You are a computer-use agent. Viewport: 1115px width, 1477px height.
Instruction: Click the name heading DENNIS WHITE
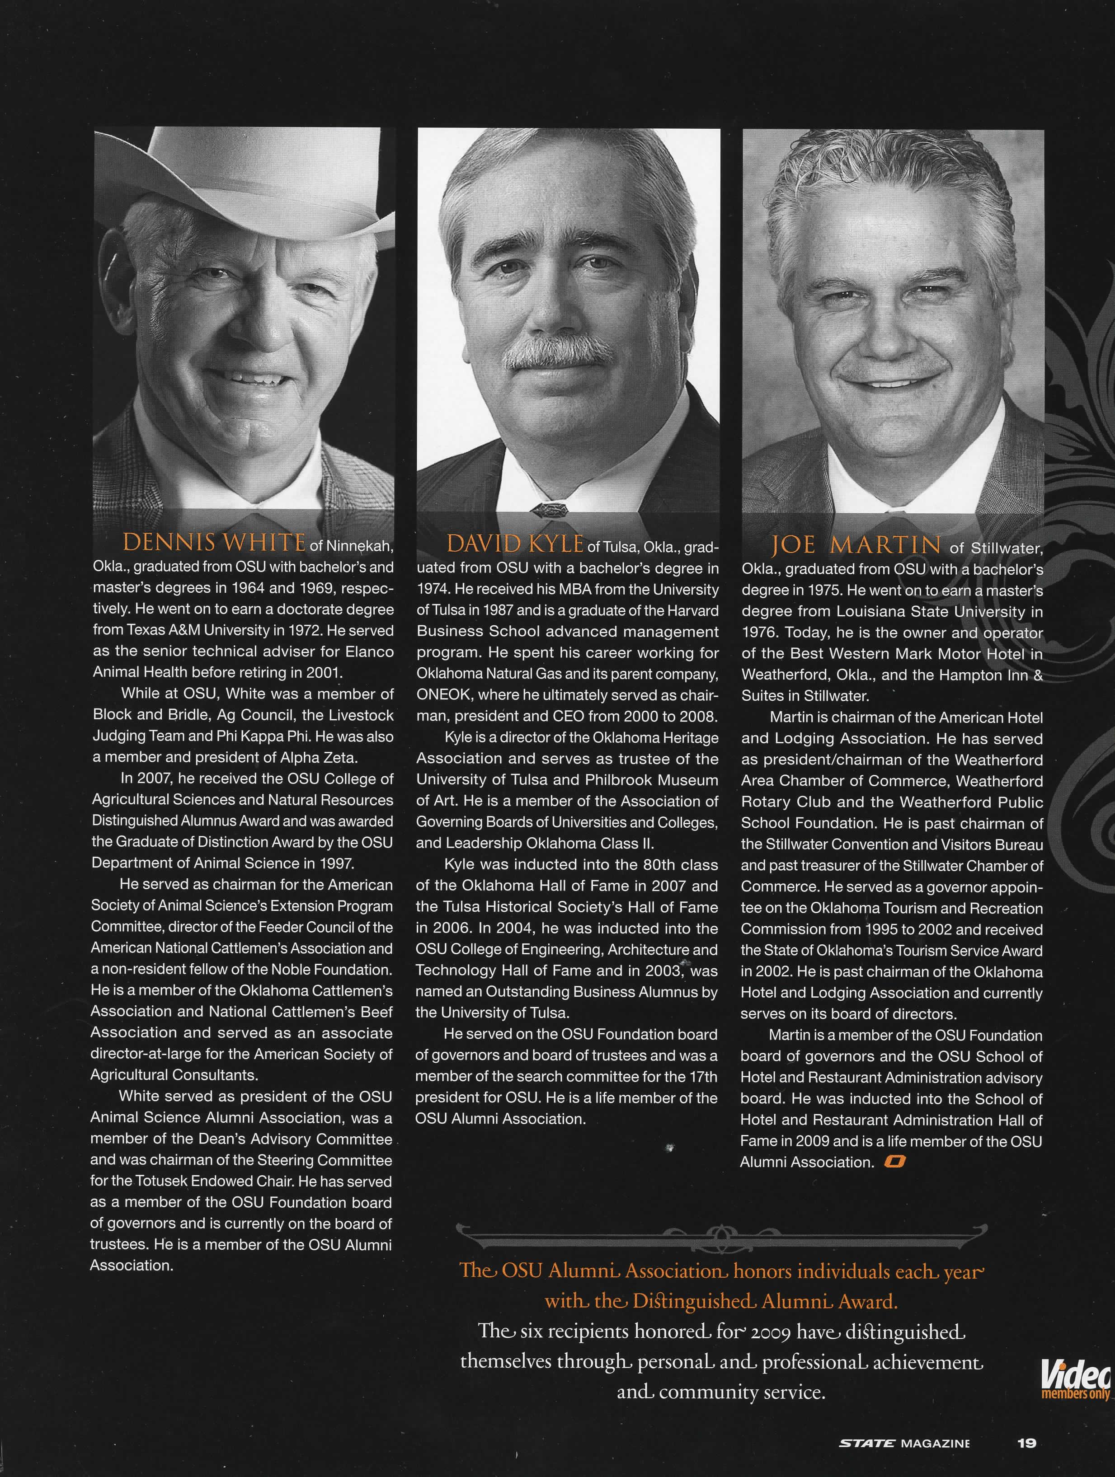(214, 542)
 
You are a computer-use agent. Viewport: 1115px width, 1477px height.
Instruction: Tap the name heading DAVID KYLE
(515, 544)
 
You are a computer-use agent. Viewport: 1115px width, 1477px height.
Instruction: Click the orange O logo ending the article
(894, 1162)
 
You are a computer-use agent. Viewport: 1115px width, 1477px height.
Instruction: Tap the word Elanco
(369, 652)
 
